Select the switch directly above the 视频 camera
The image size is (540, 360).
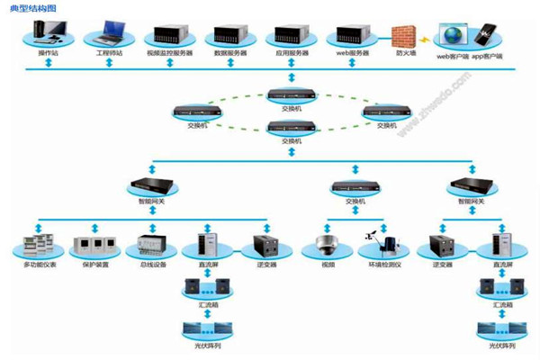(350, 186)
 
